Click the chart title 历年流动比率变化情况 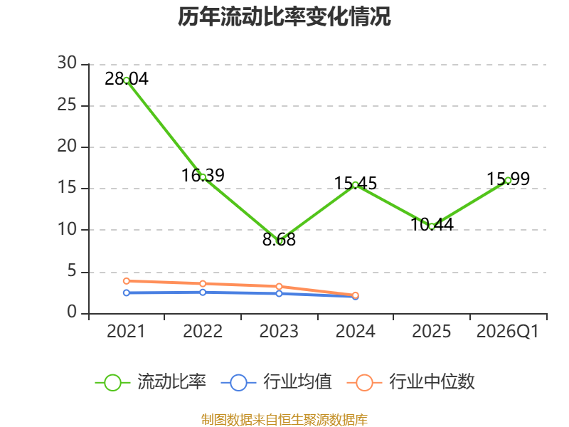284,16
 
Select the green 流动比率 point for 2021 127,80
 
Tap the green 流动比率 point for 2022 203,176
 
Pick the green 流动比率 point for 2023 280,241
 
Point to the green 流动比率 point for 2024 356,185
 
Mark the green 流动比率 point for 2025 432,226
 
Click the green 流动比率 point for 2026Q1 508,180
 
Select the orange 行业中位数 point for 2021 127,281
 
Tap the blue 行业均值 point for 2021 127,292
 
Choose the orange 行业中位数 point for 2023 280,287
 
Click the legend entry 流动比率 151,382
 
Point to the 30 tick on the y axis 67,64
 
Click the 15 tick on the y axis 67,189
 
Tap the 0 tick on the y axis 72,313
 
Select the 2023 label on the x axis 279,332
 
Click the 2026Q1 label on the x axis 507,332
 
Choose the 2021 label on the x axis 126,332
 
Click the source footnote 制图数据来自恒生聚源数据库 284,420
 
